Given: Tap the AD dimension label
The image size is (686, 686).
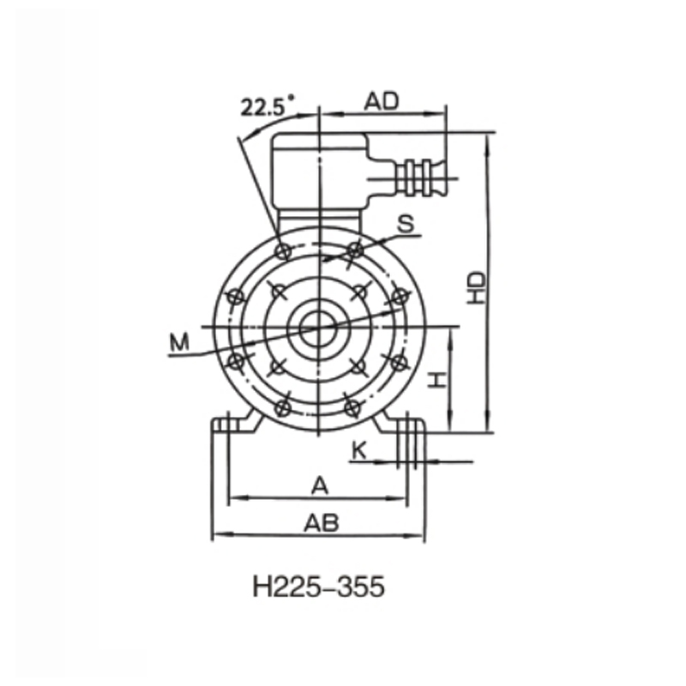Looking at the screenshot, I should [382, 101].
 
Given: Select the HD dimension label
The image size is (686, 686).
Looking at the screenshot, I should [478, 287].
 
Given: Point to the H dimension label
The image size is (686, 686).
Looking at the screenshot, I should [437, 379].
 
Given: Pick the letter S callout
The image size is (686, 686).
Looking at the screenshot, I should [406, 224].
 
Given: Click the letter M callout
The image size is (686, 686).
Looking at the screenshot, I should [179, 343].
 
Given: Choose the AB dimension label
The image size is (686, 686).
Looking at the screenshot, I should [320, 521].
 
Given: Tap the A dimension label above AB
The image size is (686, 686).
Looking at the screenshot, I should [320, 485].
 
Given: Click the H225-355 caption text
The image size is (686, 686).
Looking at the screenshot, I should [319, 589].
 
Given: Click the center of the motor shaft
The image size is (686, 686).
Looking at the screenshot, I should [320, 327].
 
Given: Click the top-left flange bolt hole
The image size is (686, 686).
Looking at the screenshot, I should [283, 250].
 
